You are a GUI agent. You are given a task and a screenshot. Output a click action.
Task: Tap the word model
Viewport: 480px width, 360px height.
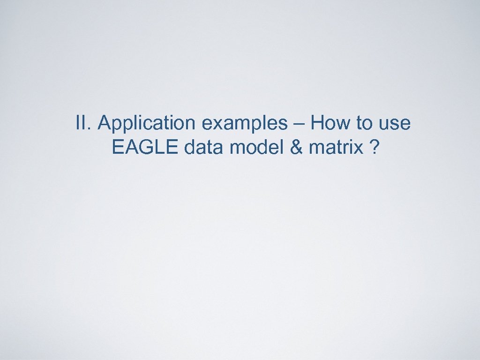tap(254, 148)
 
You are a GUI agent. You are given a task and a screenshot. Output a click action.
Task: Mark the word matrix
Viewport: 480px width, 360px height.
tap(335, 148)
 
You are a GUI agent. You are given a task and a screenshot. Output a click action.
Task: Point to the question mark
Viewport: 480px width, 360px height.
tap(374, 148)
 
